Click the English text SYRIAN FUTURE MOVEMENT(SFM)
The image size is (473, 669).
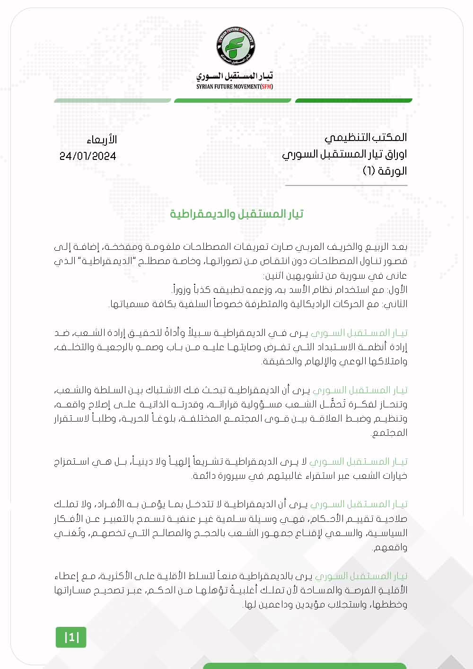235,87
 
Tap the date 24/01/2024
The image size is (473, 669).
88,156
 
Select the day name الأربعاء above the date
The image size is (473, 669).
102,140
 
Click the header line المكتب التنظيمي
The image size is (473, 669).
365,138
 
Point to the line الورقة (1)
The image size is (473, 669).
385,171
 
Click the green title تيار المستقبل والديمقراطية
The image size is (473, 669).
236,214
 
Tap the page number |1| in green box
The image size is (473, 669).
71,637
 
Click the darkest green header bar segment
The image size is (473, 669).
353,100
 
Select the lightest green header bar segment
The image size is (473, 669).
113,100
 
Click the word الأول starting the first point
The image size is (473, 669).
397,290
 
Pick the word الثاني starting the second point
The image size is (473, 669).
395,304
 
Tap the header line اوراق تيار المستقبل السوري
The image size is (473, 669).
344,154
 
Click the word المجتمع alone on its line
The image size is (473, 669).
390,432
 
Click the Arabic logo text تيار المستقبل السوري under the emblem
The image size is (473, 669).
235,76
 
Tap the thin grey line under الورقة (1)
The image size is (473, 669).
346,185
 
